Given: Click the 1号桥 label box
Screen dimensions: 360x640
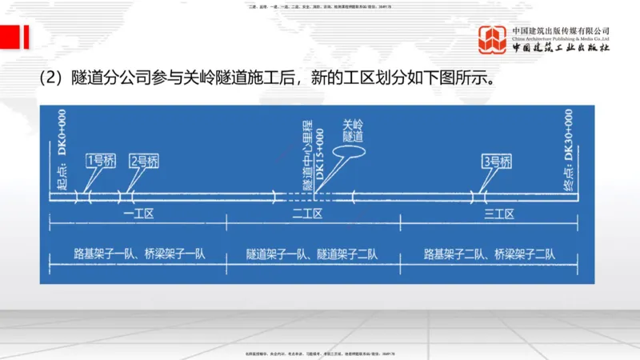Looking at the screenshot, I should [x=101, y=160].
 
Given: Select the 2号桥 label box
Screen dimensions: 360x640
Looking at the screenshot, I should [x=145, y=160].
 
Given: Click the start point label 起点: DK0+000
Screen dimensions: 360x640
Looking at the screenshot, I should [x=62, y=152].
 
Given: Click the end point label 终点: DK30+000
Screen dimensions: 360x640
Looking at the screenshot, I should [x=568, y=148].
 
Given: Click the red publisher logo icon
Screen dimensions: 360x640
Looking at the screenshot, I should [x=492, y=40].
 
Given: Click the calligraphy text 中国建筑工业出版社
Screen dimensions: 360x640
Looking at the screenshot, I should [x=561, y=48].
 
